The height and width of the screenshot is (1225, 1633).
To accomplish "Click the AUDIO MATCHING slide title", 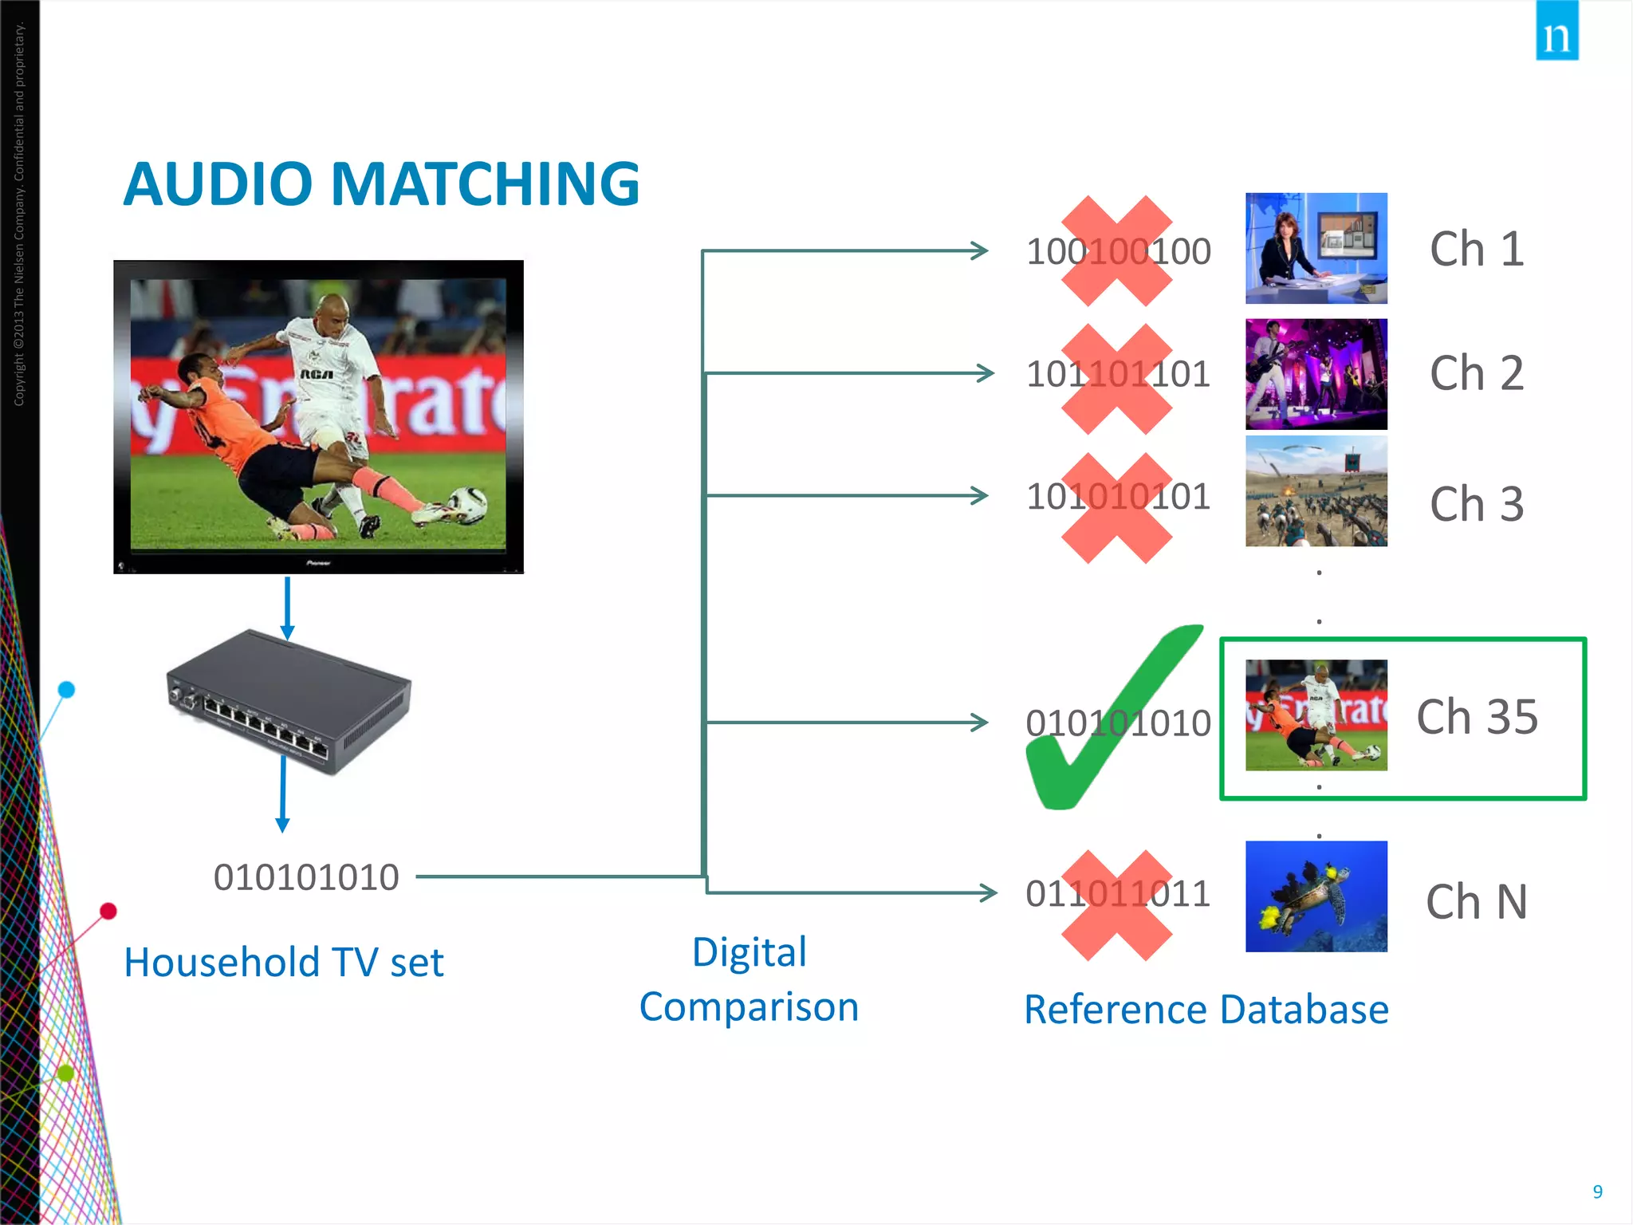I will point(381,184).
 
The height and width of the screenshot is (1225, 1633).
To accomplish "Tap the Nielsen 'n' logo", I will point(1556,32).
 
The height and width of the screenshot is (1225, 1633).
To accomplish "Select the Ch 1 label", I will point(1477,249).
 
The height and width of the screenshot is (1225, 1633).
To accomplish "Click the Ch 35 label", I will point(1477,716).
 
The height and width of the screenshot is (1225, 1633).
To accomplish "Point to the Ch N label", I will point(1477,902).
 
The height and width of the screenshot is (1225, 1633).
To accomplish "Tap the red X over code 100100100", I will point(1117,251).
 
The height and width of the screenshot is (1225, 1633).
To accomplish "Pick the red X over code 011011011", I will point(1117,905).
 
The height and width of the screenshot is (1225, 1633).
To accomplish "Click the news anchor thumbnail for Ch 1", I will point(1316,248).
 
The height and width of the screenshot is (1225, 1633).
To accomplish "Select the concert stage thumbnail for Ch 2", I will point(1316,374).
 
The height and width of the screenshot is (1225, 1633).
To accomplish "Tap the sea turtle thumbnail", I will point(1316,896).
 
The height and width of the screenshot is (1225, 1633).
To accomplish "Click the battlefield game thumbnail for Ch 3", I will point(1316,491).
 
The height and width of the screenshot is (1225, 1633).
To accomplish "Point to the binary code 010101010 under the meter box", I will point(306,877).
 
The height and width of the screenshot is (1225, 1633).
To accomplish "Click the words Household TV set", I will point(284,962).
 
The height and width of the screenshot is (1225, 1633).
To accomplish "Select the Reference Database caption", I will point(1206,1010).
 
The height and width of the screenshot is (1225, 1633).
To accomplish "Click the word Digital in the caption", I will point(750,952).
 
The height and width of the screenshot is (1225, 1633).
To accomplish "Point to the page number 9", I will point(1597,1192).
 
